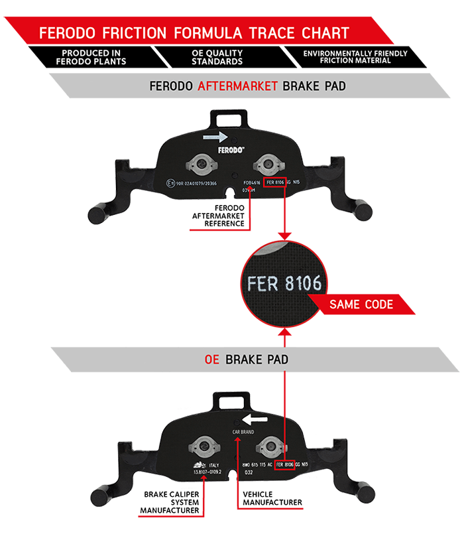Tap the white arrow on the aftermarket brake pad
pyautogui.click(x=216, y=137)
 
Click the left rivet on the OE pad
pyautogui.click(x=202, y=446)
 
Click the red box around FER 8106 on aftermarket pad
pyautogui.click(x=276, y=181)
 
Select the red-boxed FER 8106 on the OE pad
pyautogui.click(x=284, y=464)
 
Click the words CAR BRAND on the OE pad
pyautogui.click(x=243, y=431)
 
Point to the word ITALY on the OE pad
pyautogui.click(x=213, y=465)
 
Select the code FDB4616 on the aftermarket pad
pyautogui.click(x=251, y=181)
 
